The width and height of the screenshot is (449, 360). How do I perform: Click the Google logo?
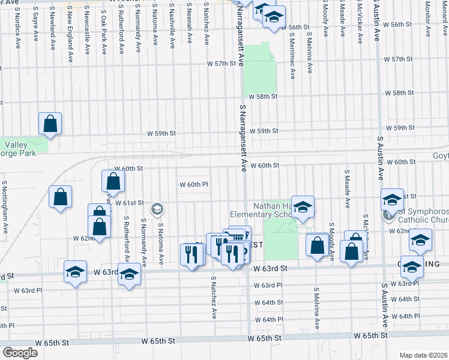pyautogui.click(x=19, y=353)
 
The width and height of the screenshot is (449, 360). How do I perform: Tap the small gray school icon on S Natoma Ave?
pyautogui.click(x=157, y=209)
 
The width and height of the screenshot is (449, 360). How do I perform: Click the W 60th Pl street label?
pyautogui.click(x=194, y=184)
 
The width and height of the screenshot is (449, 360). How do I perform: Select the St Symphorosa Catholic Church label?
pyautogui.click(x=421, y=216)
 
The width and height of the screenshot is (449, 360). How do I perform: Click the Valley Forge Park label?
pyautogui.click(x=22, y=149)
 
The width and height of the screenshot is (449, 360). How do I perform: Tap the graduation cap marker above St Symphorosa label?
pyautogui.click(x=392, y=199)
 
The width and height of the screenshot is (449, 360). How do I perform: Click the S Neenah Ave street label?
pyautogui.click(x=189, y=22)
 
